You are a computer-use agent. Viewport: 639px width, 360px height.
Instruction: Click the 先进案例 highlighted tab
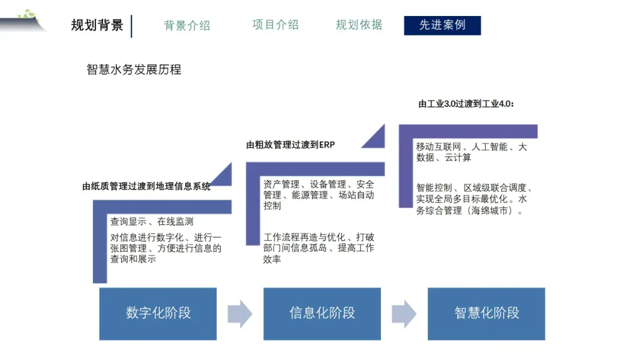coord(442,25)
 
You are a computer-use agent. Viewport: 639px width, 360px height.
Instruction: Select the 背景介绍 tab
coord(187,25)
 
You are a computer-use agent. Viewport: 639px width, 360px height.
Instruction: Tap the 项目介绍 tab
coord(275,25)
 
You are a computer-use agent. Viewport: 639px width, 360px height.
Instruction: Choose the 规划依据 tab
coord(359,25)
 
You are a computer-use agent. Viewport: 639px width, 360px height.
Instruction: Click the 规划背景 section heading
coord(97,25)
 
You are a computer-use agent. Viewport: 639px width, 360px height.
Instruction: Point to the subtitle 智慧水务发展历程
coord(134,69)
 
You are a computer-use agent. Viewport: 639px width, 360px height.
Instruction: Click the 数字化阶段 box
coord(158,313)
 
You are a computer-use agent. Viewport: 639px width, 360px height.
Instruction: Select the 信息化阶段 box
coord(322,313)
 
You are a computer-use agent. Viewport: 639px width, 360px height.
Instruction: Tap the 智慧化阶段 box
coord(486,313)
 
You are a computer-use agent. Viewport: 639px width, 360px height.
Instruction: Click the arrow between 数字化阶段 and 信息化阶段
coord(240,313)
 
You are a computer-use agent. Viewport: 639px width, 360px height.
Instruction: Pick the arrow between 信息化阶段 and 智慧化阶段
coord(404,313)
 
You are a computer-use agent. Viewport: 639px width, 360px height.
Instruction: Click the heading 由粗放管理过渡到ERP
coord(291,144)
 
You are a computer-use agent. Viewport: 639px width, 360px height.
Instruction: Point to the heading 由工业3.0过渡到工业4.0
coord(466,104)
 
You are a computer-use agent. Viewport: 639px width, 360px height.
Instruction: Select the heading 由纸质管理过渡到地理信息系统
coord(146,187)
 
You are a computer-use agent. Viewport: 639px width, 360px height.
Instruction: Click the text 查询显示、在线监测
coord(151,221)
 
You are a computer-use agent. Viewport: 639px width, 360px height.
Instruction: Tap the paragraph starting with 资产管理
coord(319,195)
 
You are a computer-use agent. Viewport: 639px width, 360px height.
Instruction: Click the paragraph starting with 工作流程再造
coord(319,248)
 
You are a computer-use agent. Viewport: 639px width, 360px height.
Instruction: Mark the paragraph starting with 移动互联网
coord(471,152)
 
